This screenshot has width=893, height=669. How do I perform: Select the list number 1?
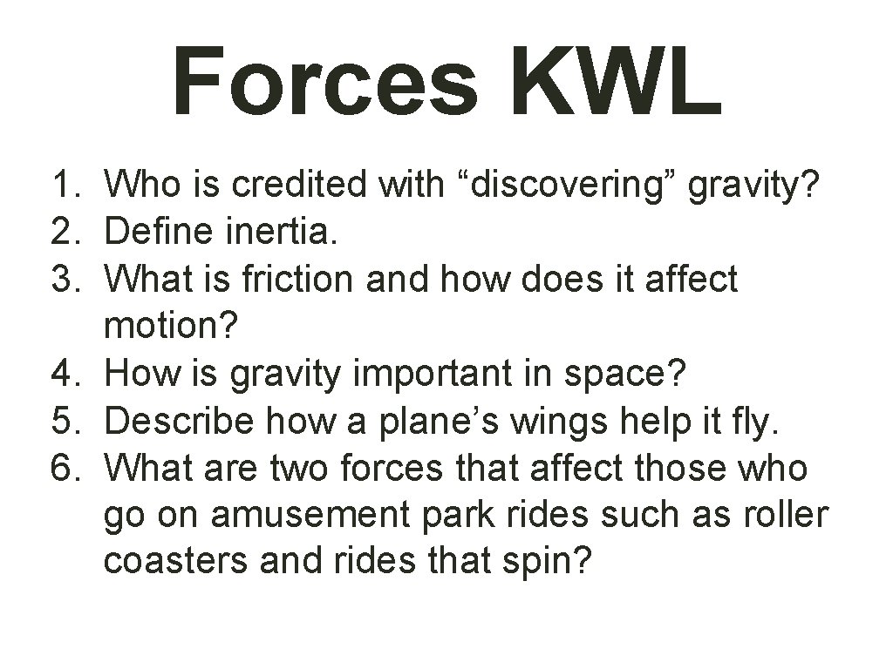67,186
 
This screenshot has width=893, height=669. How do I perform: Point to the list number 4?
67,374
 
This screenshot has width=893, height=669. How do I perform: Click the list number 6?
67,468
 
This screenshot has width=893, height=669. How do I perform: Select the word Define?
162,233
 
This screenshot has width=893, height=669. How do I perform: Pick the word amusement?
313,515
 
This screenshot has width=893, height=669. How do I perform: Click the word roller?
782,515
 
